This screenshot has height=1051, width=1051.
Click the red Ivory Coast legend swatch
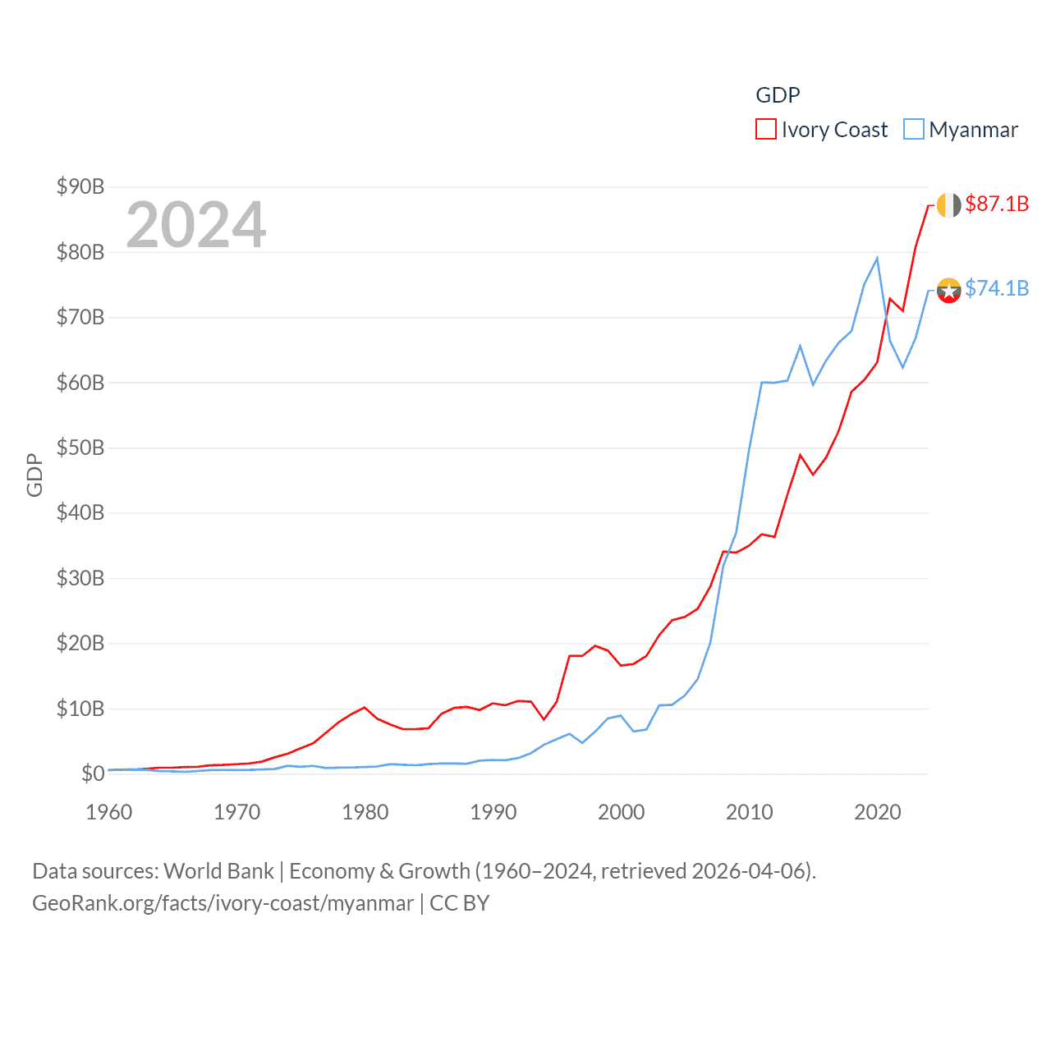point(765,130)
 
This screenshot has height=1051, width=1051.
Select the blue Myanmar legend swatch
point(913,130)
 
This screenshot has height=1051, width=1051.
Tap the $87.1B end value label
point(997,204)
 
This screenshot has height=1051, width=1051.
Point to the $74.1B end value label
point(997,288)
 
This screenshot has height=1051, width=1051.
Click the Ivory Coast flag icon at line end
point(948,205)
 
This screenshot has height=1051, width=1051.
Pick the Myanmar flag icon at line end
point(948,290)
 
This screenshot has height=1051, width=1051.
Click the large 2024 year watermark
point(195,224)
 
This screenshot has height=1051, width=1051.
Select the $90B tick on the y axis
point(80,186)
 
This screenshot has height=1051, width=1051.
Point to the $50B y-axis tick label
point(80,447)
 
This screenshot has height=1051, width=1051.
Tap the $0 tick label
point(93,773)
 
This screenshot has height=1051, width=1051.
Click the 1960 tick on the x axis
point(109,812)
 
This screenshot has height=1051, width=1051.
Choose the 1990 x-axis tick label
point(493,812)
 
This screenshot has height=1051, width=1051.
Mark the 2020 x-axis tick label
point(878,812)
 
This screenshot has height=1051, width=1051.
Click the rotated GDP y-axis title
point(34,475)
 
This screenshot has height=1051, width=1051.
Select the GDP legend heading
point(778,95)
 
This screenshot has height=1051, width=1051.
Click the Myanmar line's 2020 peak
point(877,259)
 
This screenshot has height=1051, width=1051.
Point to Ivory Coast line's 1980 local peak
point(364,707)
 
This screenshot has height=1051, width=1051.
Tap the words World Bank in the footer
point(218,870)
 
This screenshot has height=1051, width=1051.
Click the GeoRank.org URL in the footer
point(223,903)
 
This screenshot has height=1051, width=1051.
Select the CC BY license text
point(460,903)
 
